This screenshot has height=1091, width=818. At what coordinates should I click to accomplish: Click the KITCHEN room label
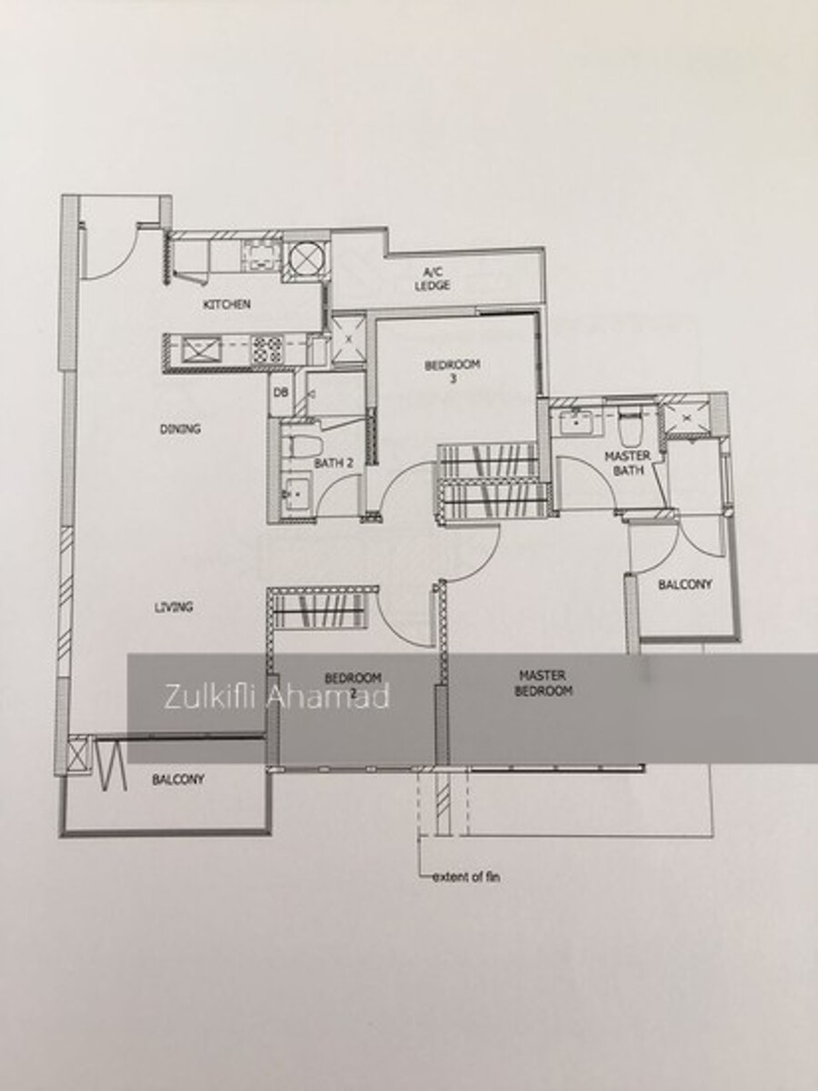[x=226, y=304]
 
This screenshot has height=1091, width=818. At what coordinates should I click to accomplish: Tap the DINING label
[x=180, y=429]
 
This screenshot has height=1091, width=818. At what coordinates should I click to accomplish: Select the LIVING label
[x=174, y=607]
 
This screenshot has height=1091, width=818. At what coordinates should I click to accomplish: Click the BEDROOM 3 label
[x=453, y=372]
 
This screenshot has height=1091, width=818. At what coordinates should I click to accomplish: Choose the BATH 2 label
[x=334, y=463]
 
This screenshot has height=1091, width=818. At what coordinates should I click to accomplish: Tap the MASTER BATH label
[x=627, y=462]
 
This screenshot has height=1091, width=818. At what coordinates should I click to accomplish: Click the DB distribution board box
[x=281, y=393]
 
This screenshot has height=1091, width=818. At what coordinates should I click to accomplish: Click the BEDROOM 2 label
[x=353, y=685]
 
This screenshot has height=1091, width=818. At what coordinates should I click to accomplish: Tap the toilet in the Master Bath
[x=630, y=429]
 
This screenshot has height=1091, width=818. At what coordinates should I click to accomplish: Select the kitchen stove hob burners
[x=267, y=350]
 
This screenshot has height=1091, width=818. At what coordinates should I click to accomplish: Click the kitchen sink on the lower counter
[x=201, y=350]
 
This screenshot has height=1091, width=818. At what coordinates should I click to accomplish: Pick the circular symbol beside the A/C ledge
[x=306, y=257]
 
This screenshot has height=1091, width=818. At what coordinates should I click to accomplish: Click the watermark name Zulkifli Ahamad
[x=276, y=697]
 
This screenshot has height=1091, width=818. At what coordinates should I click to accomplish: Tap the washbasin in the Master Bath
[x=576, y=422]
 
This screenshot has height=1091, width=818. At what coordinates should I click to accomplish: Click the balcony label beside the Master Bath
[x=684, y=584]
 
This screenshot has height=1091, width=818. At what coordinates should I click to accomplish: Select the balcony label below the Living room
[x=178, y=779]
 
